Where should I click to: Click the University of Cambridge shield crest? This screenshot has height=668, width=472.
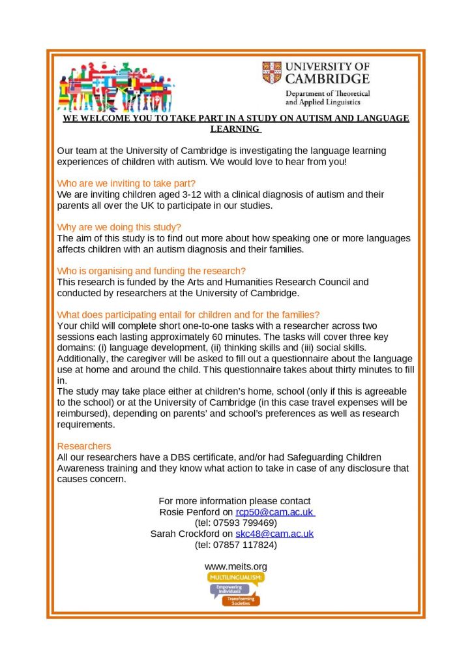[x=272, y=72]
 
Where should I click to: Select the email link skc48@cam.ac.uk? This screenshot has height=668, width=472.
[x=274, y=534]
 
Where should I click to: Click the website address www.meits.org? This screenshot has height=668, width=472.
[x=236, y=566]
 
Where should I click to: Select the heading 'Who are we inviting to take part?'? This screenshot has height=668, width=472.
[x=126, y=183]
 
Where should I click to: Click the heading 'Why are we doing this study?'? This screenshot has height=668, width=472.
[x=119, y=227]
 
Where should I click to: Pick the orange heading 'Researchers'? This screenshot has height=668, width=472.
[x=84, y=446]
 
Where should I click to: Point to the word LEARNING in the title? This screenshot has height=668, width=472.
[x=235, y=129]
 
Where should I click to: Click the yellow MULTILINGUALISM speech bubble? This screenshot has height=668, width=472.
[x=236, y=579]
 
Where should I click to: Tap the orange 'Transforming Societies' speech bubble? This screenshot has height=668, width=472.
[x=241, y=600]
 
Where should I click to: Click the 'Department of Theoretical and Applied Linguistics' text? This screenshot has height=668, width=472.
[x=327, y=98]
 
